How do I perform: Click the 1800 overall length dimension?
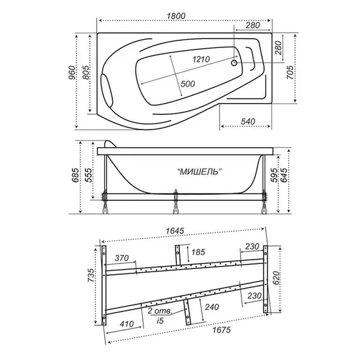point(176,16)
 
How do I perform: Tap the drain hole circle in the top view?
point(234,63)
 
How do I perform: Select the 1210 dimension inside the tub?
point(201,59)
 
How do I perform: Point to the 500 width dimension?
point(188,84)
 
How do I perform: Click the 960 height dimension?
point(72,73)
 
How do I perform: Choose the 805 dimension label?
point(86,73)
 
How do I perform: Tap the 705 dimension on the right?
point(290,73)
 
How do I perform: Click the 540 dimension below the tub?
point(248,121)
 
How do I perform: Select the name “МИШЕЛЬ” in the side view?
point(200,171)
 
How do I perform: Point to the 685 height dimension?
point(75,175)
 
